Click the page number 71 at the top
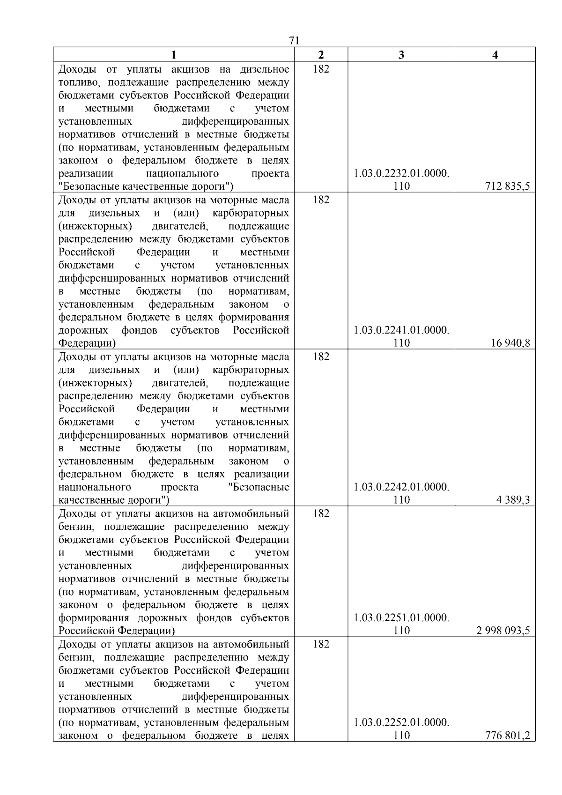(294, 41)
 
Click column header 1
(173, 55)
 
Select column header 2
(321, 55)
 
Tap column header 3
(401, 55)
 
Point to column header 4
(495, 55)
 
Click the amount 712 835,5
(507, 186)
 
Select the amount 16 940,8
(510, 343)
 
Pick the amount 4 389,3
(513, 500)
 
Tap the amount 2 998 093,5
(503, 631)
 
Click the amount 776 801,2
(507, 736)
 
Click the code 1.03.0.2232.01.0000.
(401, 174)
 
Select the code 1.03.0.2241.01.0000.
(401, 330)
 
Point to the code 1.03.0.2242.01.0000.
(401, 487)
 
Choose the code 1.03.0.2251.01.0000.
(401, 618)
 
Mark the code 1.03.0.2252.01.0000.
(401, 722)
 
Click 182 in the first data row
(321, 69)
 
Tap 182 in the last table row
(321, 644)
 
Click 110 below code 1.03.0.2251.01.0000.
(401, 631)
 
